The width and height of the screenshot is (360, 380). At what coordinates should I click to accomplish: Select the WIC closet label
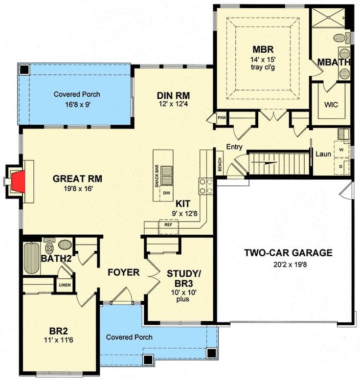point(331,105)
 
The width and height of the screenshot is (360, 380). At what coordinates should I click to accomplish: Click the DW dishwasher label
point(166,193)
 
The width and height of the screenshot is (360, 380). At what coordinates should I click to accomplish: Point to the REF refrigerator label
point(168,225)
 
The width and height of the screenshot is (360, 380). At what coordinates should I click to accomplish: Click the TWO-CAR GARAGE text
point(288,253)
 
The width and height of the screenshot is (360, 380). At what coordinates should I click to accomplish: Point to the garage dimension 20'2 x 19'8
point(288,265)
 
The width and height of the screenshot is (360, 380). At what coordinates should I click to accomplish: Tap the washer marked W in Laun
point(341,148)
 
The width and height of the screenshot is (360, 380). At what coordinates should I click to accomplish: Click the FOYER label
point(123,272)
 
